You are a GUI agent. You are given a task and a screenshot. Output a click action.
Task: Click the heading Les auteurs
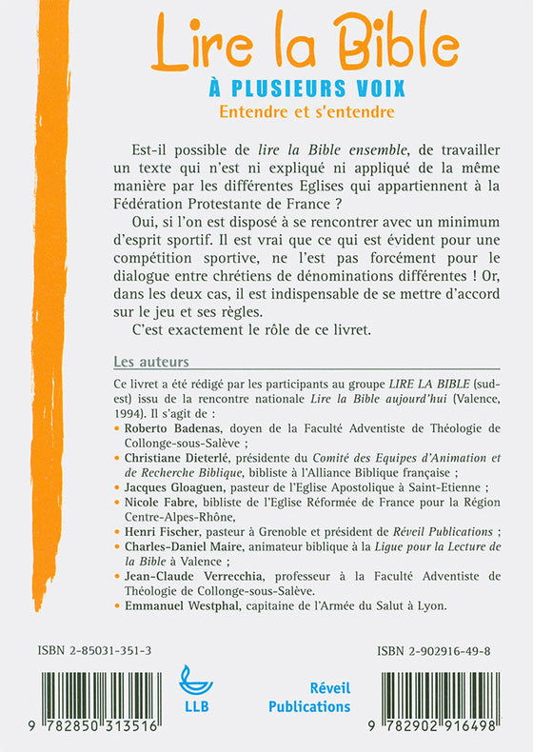tap(150, 362)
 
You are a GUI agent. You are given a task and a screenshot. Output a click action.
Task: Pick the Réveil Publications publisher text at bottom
tap(309, 697)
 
